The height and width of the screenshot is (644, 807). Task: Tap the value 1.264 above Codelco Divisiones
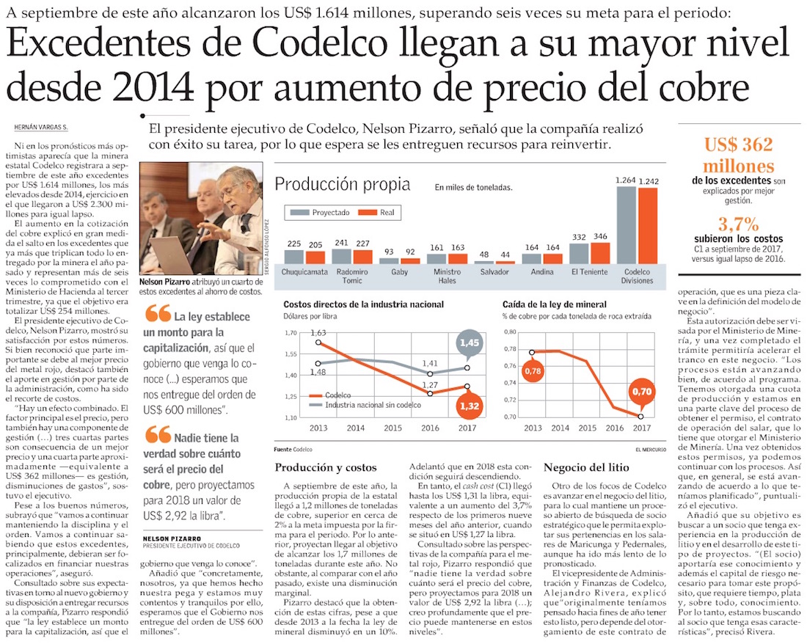626,180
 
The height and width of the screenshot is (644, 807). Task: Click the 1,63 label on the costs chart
318,333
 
